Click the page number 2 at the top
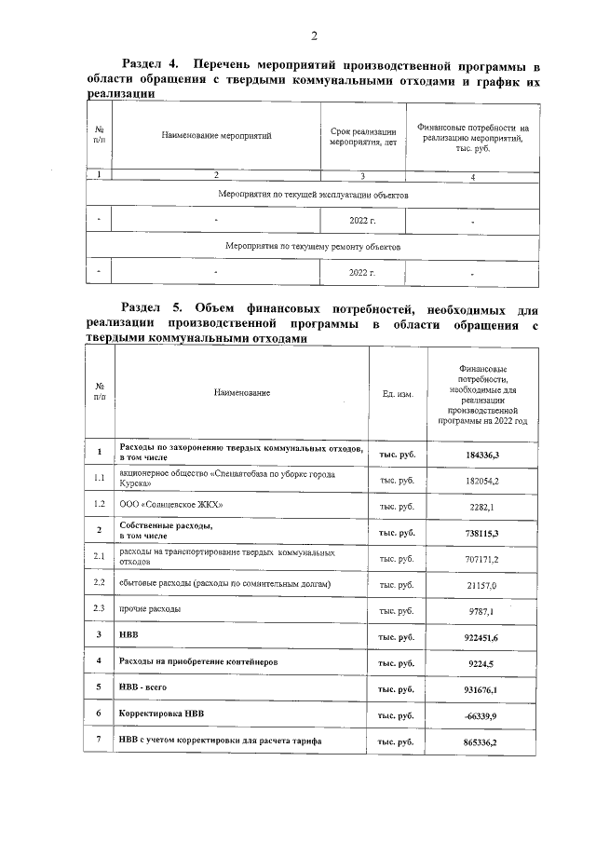314,36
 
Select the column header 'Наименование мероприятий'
216,137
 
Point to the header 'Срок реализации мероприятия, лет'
362,137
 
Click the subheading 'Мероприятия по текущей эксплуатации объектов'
312,196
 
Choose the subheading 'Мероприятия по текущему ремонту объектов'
312,247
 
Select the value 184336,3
482,454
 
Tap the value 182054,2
482,480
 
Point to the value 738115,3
482,531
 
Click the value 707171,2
482,558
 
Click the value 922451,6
482,635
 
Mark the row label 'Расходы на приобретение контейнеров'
198,661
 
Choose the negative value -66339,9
482,714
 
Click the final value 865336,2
482,741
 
